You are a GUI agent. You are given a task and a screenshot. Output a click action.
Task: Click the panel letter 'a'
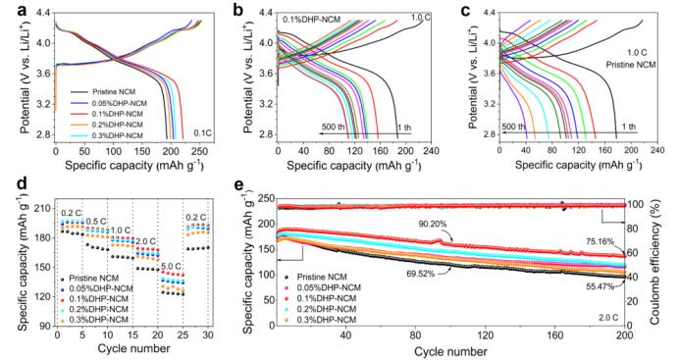[x=23, y=11]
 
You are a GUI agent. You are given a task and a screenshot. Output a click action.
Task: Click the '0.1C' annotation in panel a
[x=203, y=132]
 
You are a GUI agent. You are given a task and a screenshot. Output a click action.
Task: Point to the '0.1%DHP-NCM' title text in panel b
[x=312, y=20]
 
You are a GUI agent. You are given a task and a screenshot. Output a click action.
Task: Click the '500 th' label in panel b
[x=334, y=128]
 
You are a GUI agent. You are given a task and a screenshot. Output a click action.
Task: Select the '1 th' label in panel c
[x=629, y=127]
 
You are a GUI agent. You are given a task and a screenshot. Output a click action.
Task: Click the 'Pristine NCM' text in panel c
[x=631, y=65]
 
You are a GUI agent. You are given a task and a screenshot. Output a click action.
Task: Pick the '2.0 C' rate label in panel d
[x=145, y=241]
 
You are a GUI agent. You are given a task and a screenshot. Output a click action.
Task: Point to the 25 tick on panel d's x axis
[x=183, y=335]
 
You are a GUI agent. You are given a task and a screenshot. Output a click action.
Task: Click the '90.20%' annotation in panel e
[x=432, y=224]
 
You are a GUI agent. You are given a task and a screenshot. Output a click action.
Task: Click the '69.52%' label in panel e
[x=421, y=274]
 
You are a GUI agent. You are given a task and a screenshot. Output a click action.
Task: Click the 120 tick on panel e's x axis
[x=485, y=335]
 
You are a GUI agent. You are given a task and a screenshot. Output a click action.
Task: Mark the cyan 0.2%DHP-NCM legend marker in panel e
[x=287, y=309]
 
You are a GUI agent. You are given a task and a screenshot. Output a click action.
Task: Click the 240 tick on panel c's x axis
[x=657, y=151]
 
